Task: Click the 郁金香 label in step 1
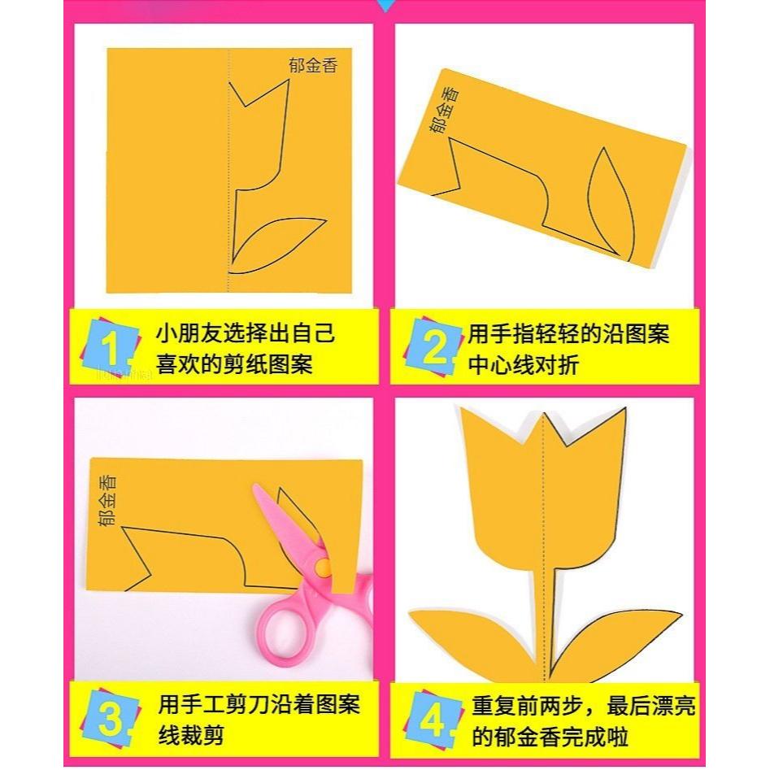coord(312,65)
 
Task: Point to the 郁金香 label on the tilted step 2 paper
coord(444,110)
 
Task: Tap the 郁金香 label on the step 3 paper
coord(109,499)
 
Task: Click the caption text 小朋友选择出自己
coord(246,334)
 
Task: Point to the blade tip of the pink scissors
coord(259,488)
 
